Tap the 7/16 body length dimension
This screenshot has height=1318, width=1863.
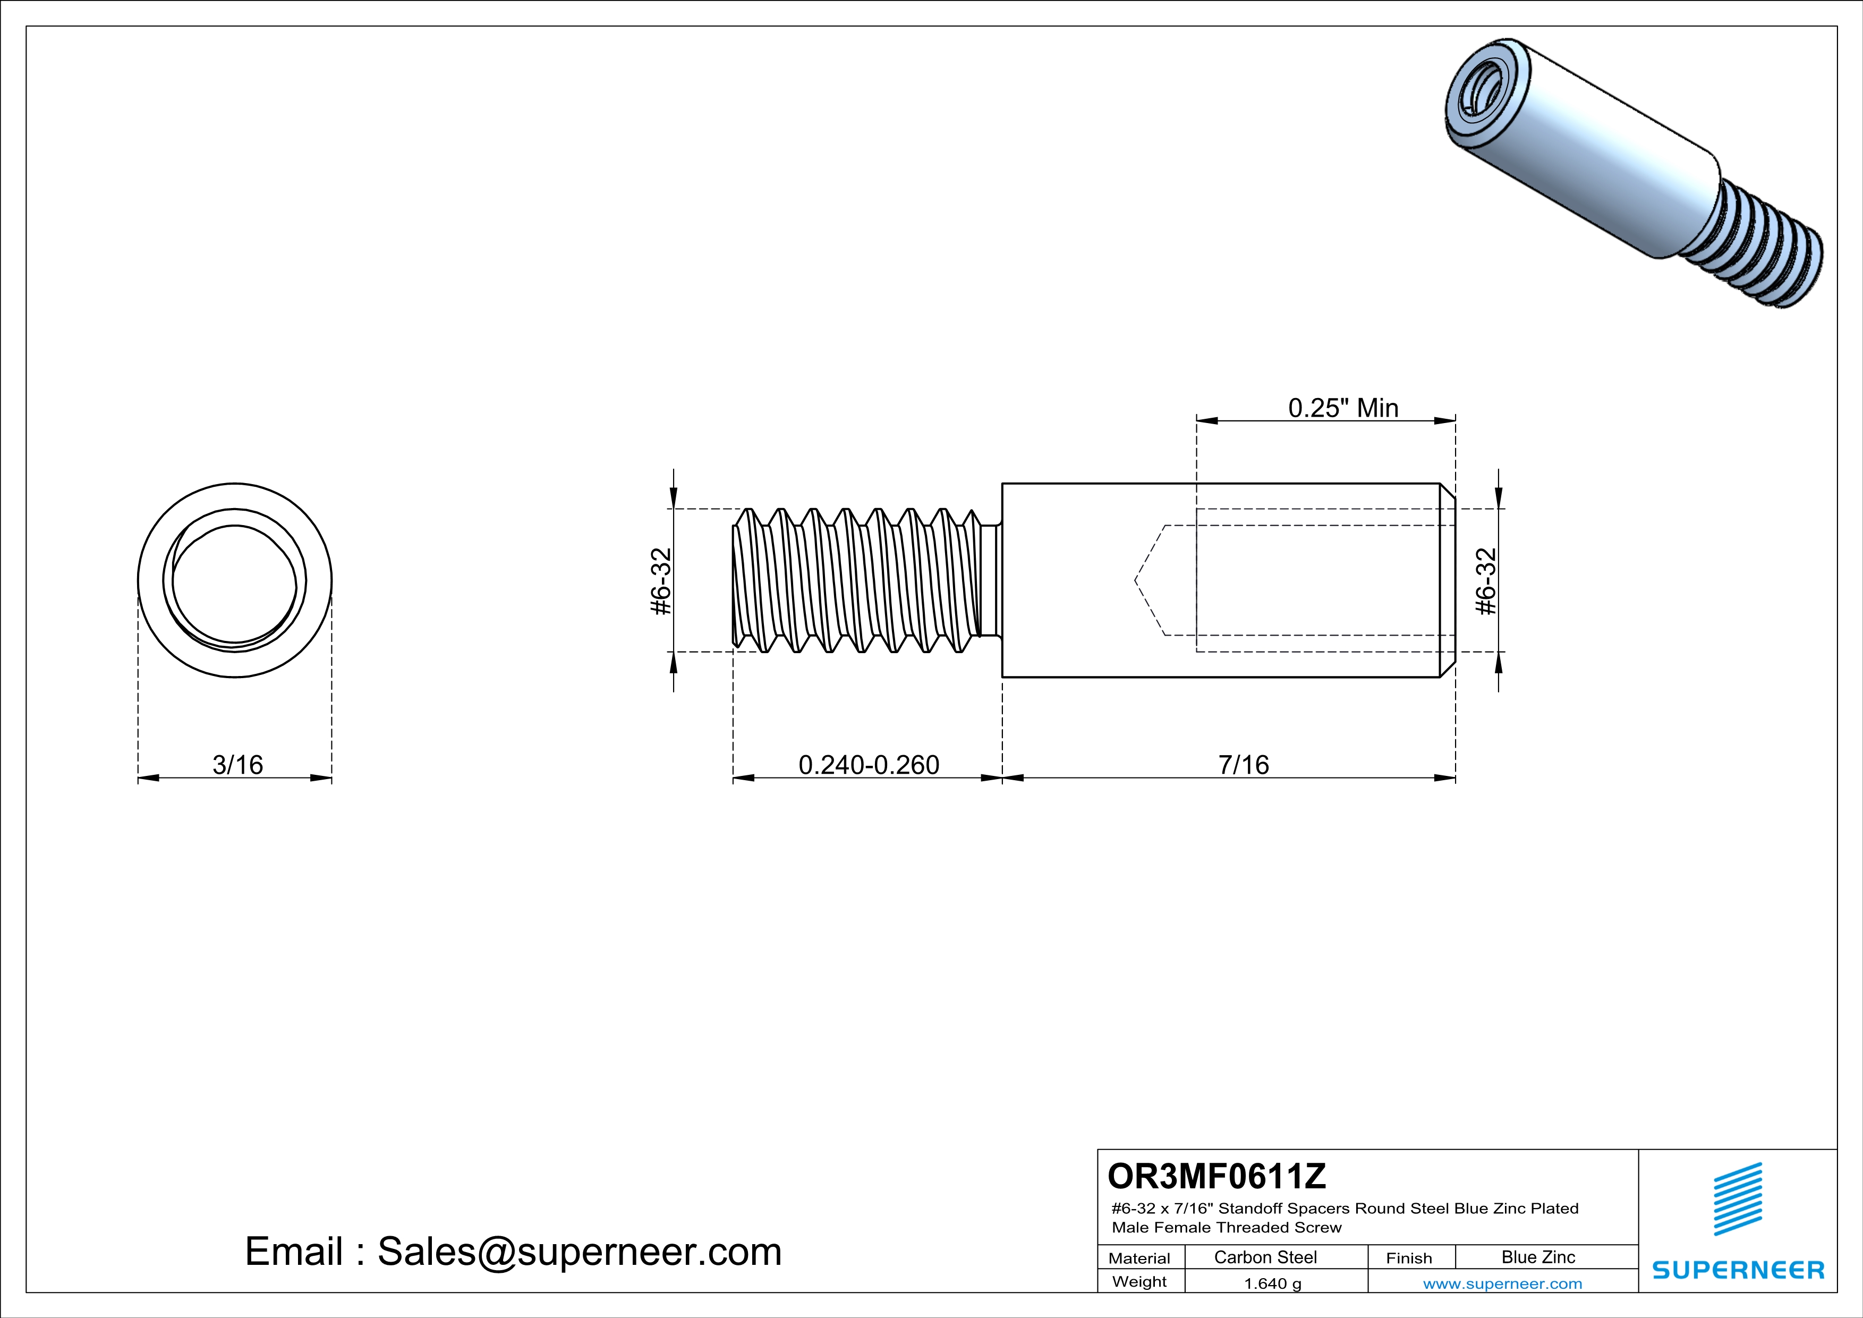1243,765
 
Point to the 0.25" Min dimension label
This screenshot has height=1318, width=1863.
1343,408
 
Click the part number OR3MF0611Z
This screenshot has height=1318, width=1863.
1217,1175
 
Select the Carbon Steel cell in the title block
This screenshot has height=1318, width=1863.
1265,1257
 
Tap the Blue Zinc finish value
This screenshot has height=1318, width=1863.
1537,1257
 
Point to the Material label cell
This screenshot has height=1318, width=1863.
1139,1258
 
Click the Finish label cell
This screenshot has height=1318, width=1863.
1409,1258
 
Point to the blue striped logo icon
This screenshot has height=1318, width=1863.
1737,1199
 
